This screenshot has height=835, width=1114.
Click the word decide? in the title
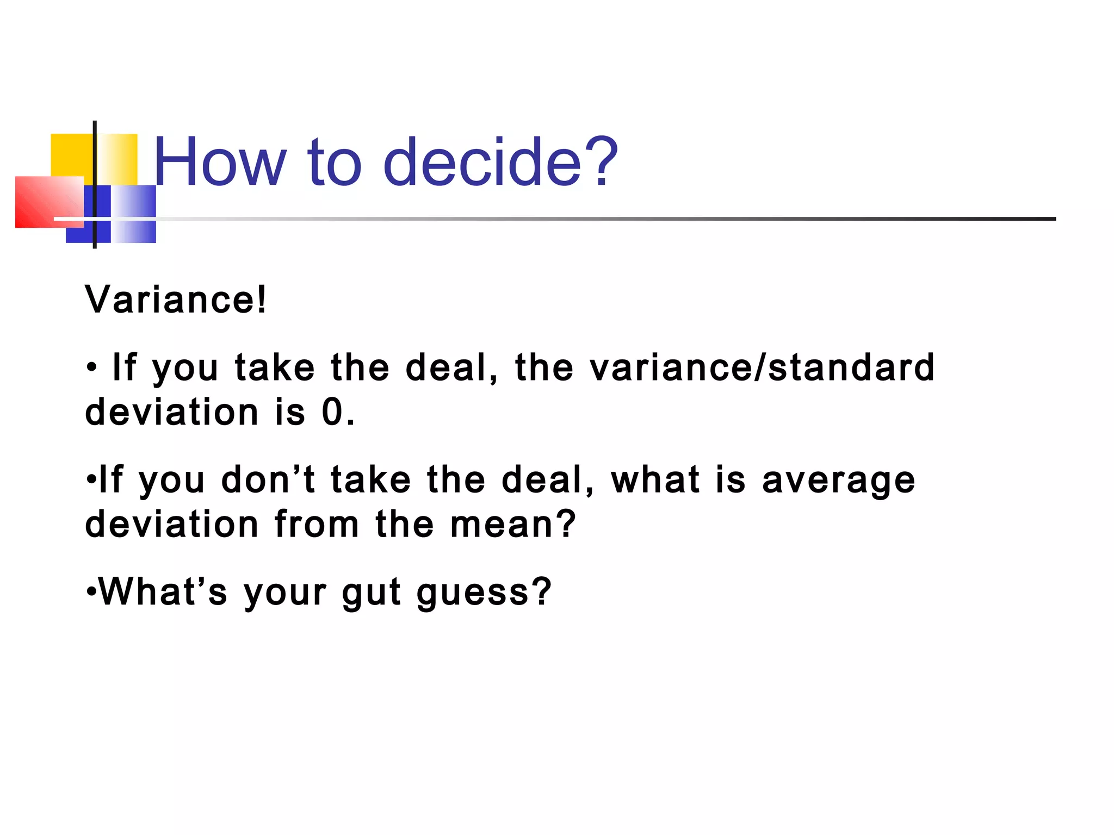click(x=500, y=162)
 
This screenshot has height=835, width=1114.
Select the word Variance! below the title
click(x=176, y=300)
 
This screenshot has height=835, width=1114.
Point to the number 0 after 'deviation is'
click(x=333, y=412)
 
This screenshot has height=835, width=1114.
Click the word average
click(x=838, y=480)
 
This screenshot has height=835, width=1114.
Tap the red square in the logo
click(x=44, y=202)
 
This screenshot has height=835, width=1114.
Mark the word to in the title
click(x=334, y=162)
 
